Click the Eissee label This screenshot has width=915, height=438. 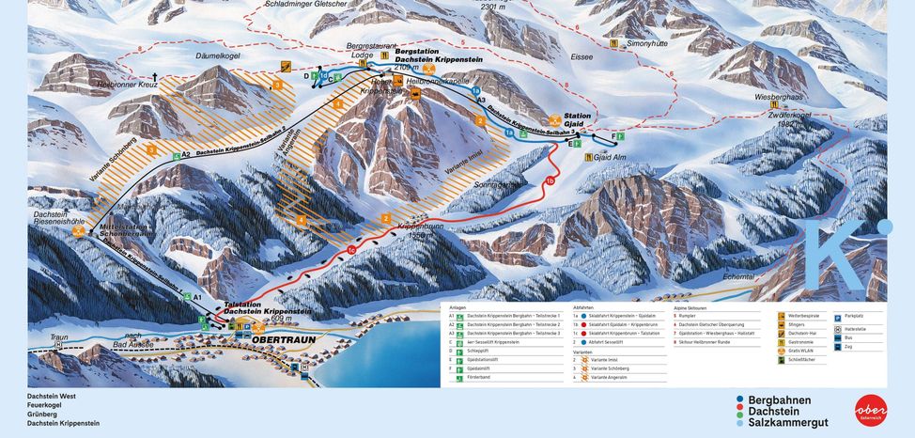point(582,57)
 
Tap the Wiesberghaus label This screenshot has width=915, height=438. point(779,97)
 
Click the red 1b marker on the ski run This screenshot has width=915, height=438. point(551,180)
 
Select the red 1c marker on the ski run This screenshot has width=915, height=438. point(350,250)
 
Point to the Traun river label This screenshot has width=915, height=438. point(60,336)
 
